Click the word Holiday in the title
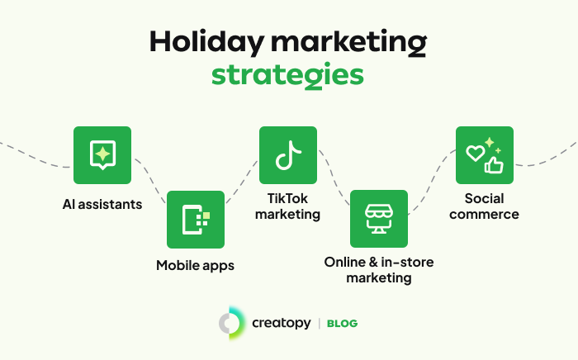pyautogui.click(x=206, y=42)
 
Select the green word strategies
pyautogui.click(x=287, y=75)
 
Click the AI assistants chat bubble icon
pyautogui.click(x=102, y=154)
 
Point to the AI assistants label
pyautogui.click(x=102, y=204)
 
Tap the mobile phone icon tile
pyautogui.click(x=196, y=220)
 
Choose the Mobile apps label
pyautogui.click(x=195, y=266)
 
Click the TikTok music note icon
pyautogui.click(x=288, y=155)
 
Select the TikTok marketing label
pyautogui.click(x=287, y=206)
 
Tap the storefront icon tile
pyautogui.click(x=379, y=219)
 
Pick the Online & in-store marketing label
pyautogui.click(x=379, y=270)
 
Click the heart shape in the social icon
pyautogui.click(x=475, y=153)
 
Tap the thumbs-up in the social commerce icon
pyautogui.click(x=494, y=164)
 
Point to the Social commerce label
pyautogui.click(x=484, y=206)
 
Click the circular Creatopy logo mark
pyautogui.click(x=231, y=323)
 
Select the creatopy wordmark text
pyautogui.click(x=282, y=323)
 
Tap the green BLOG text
pyautogui.click(x=342, y=324)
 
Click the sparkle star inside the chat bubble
pyautogui.click(x=102, y=154)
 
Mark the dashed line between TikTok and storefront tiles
pyautogui.click(x=334, y=177)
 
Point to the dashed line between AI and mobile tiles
pyautogui.click(x=151, y=179)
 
